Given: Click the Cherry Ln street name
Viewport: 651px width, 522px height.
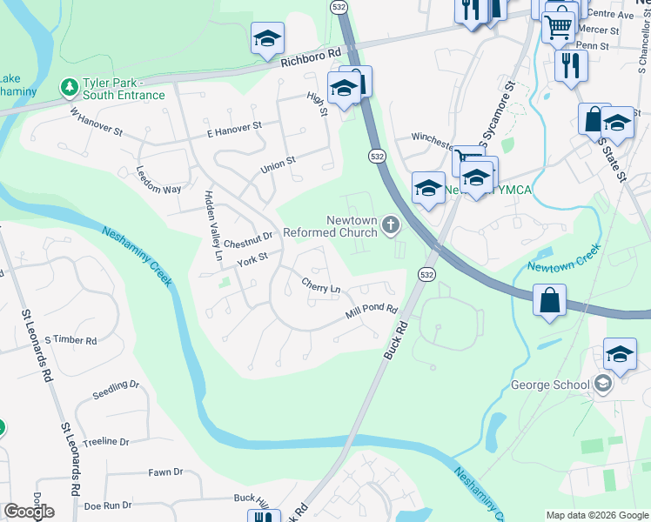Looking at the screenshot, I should pyautogui.click(x=320, y=284).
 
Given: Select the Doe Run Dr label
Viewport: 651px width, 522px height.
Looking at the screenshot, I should pyautogui.click(x=108, y=505).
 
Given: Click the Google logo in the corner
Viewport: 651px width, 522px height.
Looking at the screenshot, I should pyautogui.click(x=29, y=512).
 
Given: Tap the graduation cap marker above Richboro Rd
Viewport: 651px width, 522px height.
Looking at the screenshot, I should pyautogui.click(x=267, y=38).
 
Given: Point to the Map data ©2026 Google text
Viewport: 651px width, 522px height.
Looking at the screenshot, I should pyautogui.click(x=596, y=515).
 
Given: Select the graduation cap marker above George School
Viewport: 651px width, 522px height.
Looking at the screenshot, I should pyautogui.click(x=620, y=354).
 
